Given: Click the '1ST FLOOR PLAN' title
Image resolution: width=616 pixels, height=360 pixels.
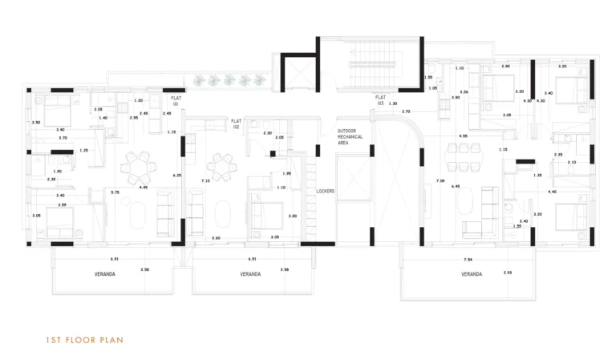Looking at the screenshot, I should tap(84, 340).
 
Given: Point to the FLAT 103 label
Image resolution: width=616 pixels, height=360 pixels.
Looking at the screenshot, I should tap(380, 100).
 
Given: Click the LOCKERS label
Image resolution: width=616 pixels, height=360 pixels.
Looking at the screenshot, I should tap(325, 191).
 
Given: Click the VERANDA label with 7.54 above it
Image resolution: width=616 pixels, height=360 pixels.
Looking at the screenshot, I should tap(472, 274).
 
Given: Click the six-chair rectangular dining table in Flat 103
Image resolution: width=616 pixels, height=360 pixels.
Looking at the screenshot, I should tap(464, 157).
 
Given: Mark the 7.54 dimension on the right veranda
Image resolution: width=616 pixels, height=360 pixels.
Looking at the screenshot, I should tap(467, 260).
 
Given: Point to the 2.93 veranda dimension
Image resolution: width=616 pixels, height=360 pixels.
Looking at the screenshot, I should tap(508, 273).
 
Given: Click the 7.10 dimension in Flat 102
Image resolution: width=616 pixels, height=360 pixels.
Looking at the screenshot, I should tap(206, 181).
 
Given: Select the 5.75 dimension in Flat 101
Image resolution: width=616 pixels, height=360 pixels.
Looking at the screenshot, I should tap(115, 192).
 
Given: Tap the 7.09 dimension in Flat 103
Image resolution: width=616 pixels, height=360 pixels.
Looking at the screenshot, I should tap(440, 182).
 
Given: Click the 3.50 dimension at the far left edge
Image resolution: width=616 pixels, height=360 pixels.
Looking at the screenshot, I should tap(35, 123).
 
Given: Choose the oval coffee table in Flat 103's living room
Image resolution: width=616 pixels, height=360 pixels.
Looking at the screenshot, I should tap(466, 205).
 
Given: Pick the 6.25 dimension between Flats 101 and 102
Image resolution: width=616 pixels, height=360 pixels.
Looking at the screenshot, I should tap(177, 175).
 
